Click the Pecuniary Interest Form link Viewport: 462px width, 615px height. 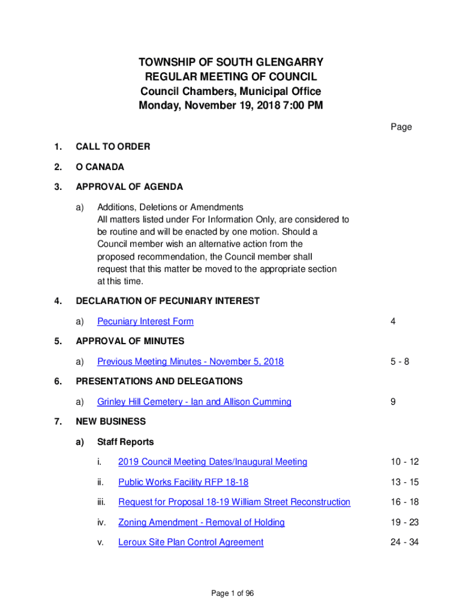145,321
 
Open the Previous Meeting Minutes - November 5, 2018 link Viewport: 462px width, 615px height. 190,362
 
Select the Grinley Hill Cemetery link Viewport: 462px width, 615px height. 194,402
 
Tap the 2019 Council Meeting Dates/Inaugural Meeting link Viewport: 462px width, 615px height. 212,462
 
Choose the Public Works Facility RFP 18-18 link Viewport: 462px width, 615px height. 183,482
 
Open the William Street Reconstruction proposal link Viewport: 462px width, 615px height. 234,502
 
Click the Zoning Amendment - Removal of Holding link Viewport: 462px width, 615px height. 201,523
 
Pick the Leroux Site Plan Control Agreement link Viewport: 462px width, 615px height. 191,542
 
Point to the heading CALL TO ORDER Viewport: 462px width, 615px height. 113,147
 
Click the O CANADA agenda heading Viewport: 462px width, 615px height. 100,167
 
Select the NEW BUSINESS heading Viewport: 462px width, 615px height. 110,422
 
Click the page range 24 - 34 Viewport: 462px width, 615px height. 404,542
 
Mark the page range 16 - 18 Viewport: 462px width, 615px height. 404,502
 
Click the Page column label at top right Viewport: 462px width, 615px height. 401,127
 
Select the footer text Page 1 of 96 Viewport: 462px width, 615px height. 232,593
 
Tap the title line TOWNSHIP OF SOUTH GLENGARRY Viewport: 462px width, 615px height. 231,62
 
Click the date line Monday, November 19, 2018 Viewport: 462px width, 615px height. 231,106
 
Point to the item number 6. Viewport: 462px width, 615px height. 58,381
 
